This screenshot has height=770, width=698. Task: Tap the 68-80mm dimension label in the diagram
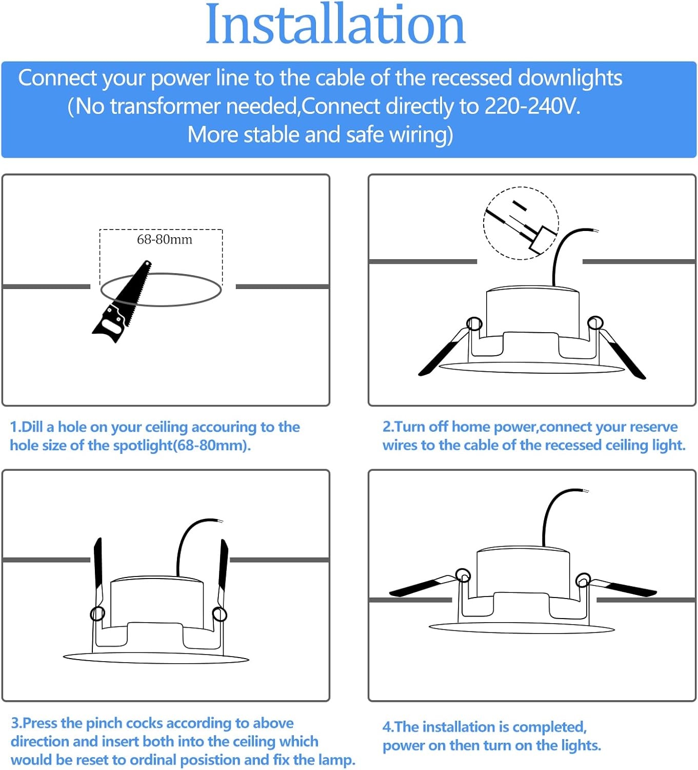coord(165,240)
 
